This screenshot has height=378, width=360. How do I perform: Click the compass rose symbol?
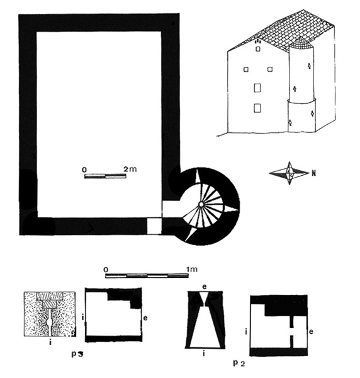290,173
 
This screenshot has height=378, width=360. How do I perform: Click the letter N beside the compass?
313,173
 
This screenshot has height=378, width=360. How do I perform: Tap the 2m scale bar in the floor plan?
105,176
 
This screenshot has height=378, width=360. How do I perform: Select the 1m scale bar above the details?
147,275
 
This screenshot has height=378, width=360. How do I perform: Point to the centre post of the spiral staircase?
201,204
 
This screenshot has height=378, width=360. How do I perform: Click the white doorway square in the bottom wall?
154,226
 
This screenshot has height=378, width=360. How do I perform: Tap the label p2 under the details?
239,364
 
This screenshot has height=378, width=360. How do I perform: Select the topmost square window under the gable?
258,49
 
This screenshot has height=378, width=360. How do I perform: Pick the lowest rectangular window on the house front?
257,108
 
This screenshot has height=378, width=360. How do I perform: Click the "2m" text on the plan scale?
130,169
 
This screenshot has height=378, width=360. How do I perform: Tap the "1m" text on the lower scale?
192,269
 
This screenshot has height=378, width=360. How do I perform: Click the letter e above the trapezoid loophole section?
205,287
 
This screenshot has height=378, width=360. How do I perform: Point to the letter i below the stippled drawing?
50,342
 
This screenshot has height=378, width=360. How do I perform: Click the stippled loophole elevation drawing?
50,314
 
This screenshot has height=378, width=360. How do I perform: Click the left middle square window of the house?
245,69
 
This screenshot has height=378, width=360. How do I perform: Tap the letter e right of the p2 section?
311,332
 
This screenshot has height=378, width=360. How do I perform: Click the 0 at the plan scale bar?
84,169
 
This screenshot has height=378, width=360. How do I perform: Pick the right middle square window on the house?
270,69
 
